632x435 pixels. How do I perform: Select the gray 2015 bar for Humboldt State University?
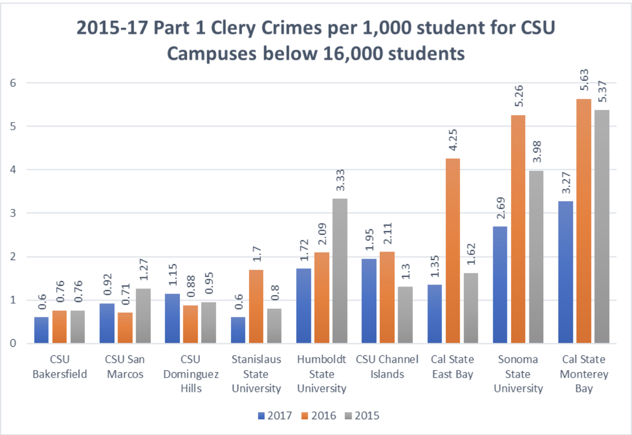coord(340,271)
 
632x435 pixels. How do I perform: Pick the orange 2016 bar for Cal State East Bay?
coord(453,251)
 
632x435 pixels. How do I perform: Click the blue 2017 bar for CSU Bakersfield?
coord(42,330)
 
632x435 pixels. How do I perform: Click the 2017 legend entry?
coord(274,416)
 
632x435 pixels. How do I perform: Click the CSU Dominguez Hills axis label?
coord(190,374)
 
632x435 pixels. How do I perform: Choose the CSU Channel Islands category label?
coord(387,367)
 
